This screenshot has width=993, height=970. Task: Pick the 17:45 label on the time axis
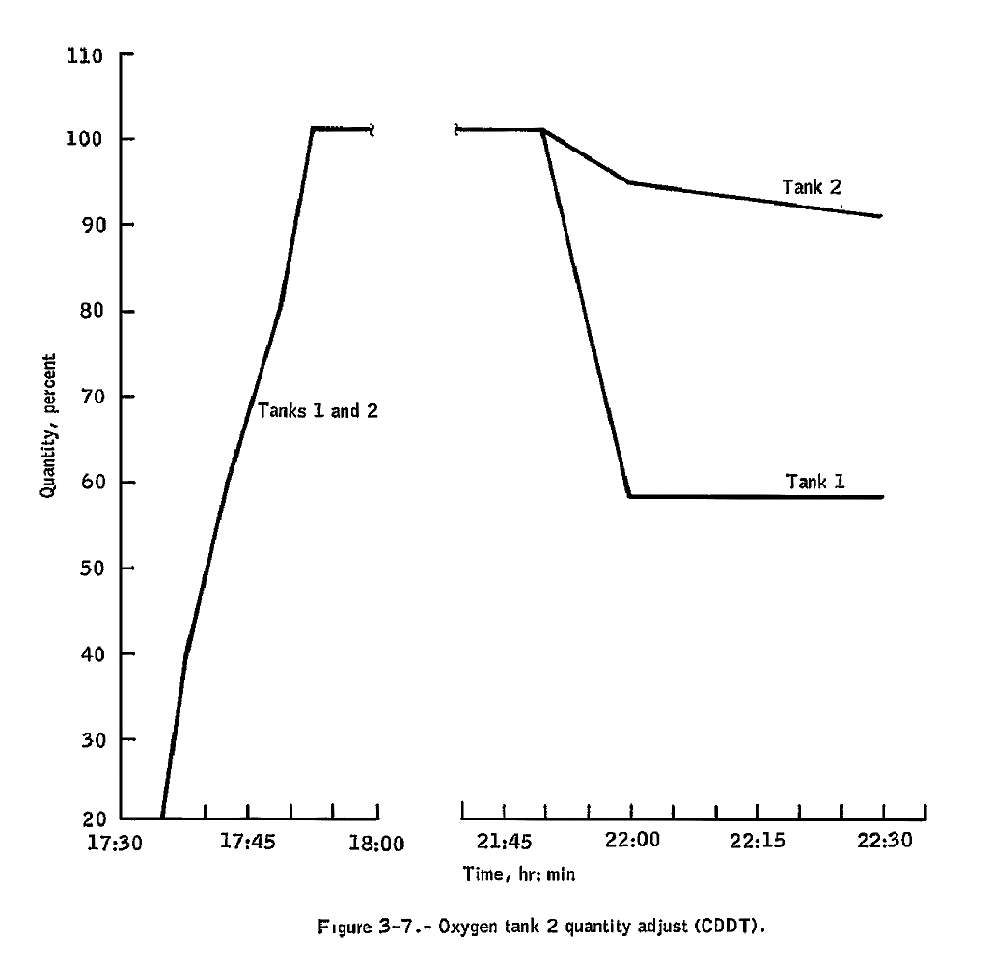[x=248, y=843]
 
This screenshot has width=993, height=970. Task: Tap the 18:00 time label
[x=376, y=843]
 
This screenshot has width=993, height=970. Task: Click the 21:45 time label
[x=503, y=843]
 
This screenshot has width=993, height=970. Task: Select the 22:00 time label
[x=630, y=843]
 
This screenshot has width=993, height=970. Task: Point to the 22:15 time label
[x=757, y=843]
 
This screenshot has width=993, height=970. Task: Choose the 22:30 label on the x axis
[x=884, y=843]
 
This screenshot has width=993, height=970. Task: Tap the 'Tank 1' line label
[x=815, y=481]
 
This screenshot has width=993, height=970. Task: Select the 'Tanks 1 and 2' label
[x=317, y=410]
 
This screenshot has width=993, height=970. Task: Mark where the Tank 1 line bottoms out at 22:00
[x=630, y=496]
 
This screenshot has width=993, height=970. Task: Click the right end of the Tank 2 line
[x=881, y=216]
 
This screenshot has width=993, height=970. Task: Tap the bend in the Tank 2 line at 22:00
[x=630, y=182]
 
